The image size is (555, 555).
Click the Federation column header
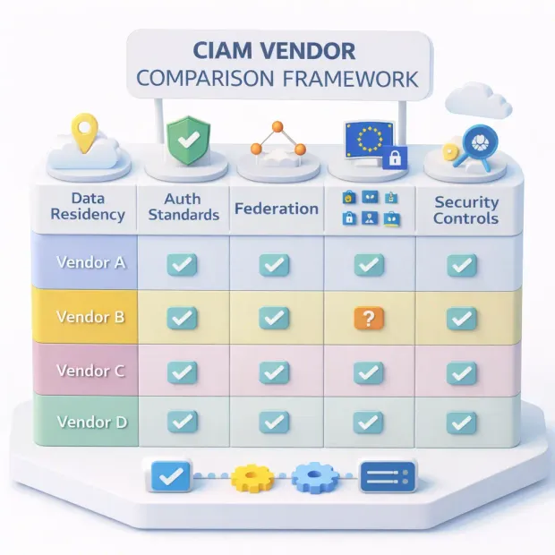[x=277, y=209]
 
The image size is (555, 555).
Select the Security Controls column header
[x=465, y=210]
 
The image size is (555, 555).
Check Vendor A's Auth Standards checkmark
[x=183, y=264]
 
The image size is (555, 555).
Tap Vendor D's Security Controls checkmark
[x=461, y=422]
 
